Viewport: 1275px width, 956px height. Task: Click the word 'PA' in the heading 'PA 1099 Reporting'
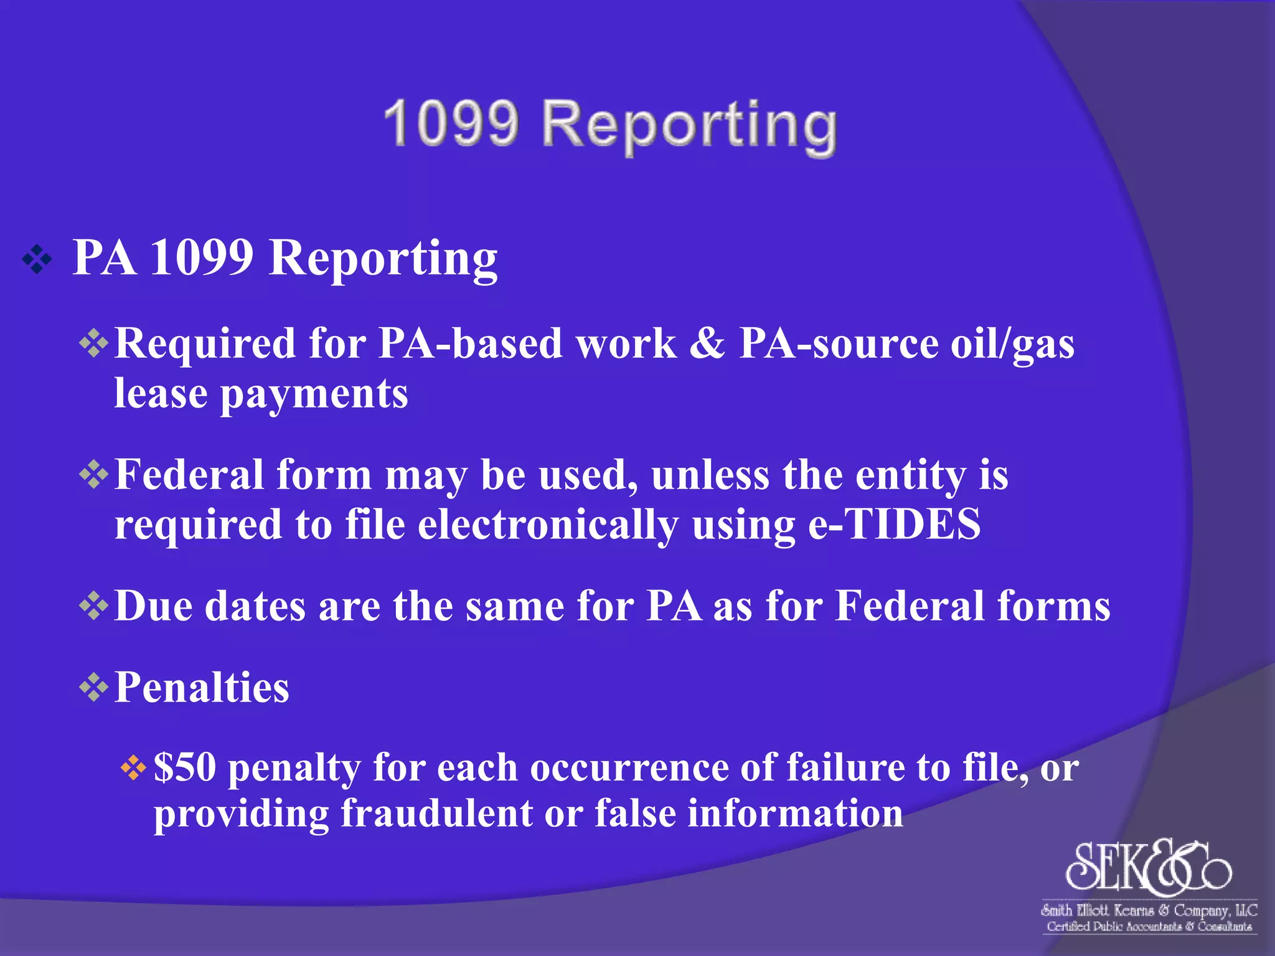tap(104, 258)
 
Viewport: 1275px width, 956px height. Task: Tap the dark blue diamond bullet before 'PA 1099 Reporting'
tap(37, 260)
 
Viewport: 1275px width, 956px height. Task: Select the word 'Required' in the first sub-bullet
tap(205, 344)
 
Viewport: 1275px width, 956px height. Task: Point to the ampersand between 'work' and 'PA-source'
tap(708, 343)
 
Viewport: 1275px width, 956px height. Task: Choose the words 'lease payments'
tap(261, 395)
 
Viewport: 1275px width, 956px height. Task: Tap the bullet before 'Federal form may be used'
tap(94, 475)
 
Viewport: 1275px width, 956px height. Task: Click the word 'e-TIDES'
tap(894, 525)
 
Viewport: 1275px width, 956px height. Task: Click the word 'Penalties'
tap(202, 688)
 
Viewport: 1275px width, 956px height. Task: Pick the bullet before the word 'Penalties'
tap(94, 688)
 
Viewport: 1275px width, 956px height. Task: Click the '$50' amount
tap(185, 767)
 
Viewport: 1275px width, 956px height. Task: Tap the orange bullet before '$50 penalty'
tap(133, 768)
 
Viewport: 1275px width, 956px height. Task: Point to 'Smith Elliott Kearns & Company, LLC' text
tap(1149, 911)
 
